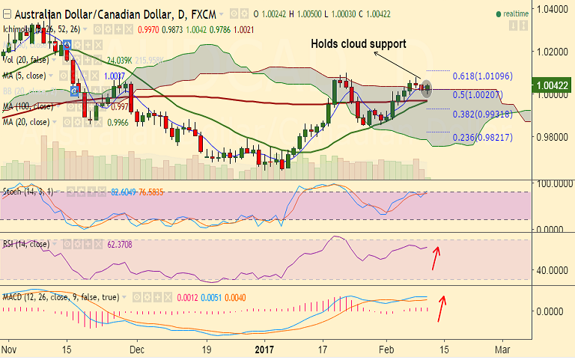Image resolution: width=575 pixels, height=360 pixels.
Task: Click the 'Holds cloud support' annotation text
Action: pyautogui.click(x=359, y=44)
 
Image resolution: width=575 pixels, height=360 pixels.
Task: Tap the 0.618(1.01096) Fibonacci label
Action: pyautogui.click(x=482, y=76)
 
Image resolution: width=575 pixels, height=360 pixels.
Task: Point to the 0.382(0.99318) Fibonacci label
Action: pyautogui.click(x=482, y=114)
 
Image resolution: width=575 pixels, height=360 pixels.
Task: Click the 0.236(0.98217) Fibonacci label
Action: pyautogui.click(x=482, y=138)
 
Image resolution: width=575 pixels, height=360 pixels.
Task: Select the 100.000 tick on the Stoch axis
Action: pyautogui.click(x=550, y=183)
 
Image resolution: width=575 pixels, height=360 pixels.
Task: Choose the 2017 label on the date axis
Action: pyautogui.click(x=266, y=349)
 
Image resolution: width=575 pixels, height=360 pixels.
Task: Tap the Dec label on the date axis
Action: pyautogui.click(x=136, y=349)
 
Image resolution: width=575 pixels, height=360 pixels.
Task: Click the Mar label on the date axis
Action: pyautogui.click(x=503, y=349)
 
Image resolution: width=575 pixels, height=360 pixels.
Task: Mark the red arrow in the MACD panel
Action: pyautogui.click(x=442, y=308)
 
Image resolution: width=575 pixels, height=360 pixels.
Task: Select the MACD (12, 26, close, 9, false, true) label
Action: pyautogui.click(x=60, y=297)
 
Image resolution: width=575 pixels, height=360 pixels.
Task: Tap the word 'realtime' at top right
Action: pyautogui.click(x=517, y=14)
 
